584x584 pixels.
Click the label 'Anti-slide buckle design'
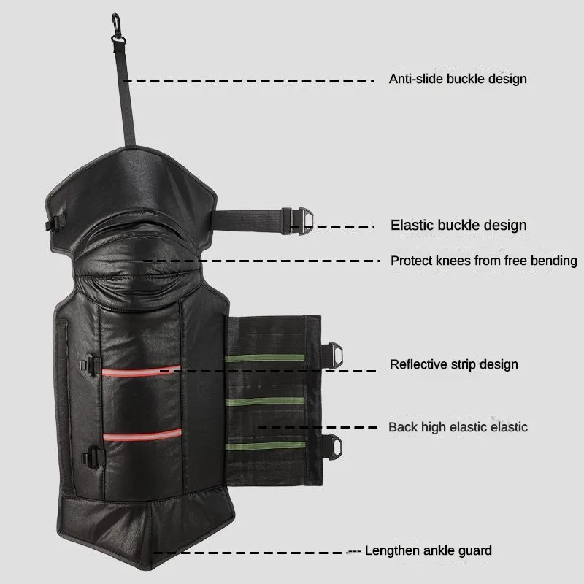click(x=458, y=79)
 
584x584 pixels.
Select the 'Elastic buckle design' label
click(x=458, y=225)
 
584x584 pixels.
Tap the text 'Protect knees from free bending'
click(x=483, y=261)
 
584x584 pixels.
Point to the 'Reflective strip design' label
click(x=454, y=364)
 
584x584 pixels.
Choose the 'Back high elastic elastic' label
click(x=458, y=427)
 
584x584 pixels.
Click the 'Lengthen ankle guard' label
click(x=428, y=550)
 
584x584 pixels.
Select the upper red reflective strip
click(x=142, y=371)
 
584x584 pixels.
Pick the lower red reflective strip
click(x=142, y=436)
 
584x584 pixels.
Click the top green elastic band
click(x=265, y=358)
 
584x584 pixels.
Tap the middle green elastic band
click(x=265, y=401)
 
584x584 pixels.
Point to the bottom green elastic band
click(x=265, y=445)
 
